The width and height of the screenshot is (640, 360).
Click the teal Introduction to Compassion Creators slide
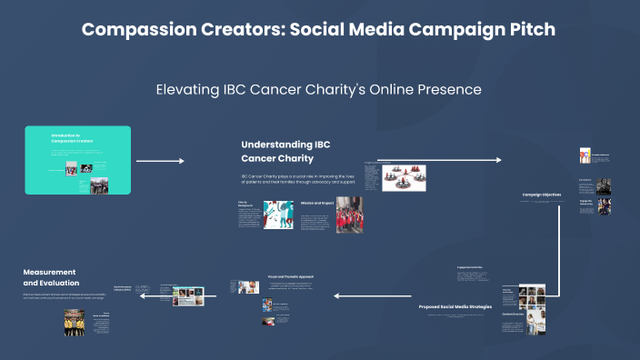point(78,160)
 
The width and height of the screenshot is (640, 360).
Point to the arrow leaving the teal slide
point(160,161)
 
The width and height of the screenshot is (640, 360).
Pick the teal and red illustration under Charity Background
point(275,216)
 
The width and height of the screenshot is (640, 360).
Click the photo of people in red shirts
point(349,215)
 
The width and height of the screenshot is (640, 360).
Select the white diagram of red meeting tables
point(403,176)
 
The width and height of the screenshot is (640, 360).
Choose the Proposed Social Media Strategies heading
point(455,307)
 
